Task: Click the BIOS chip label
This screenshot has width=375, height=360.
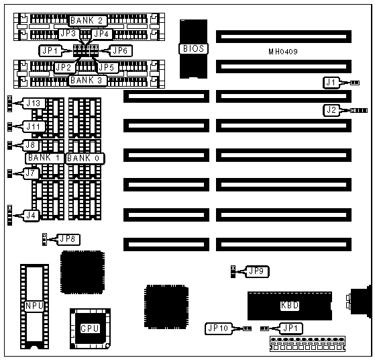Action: click(x=193, y=49)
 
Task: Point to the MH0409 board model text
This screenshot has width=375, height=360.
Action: click(x=283, y=52)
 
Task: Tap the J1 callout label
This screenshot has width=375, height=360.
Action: click(x=331, y=83)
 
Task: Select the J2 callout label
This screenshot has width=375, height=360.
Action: click(x=331, y=110)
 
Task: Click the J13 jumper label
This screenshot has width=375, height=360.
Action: click(x=34, y=103)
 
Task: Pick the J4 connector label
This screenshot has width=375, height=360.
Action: click(x=31, y=216)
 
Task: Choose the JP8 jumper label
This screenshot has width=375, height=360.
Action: click(x=68, y=239)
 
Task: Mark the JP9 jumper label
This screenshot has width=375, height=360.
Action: click(x=257, y=271)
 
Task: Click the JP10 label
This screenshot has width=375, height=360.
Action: click(x=218, y=328)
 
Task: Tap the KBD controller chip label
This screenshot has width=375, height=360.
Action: click(x=290, y=306)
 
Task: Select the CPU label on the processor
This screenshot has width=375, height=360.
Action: click(x=90, y=328)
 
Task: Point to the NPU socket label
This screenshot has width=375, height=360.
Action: click(x=34, y=306)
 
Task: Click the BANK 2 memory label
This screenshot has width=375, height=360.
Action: click(x=87, y=21)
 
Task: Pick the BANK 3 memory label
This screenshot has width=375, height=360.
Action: click(x=87, y=80)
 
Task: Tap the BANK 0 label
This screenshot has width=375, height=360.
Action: click(x=85, y=159)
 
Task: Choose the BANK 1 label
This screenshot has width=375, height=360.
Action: click(x=44, y=158)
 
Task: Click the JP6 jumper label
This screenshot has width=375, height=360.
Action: click(x=120, y=50)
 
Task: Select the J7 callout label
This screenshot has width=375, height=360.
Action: click(x=31, y=173)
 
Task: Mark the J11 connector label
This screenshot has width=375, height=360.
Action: click(x=34, y=126)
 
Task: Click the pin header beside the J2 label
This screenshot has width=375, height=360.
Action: click(x=359, y=110)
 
